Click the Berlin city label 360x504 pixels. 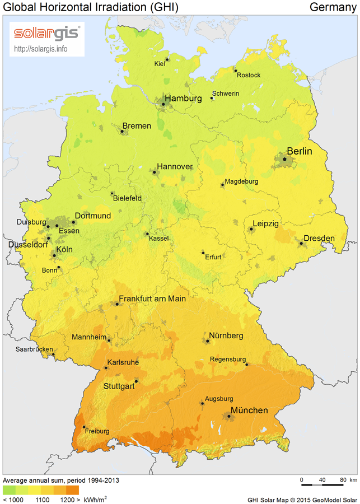coord(299,151)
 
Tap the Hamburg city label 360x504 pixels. coord(183,99)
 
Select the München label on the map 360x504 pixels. coord(249,410)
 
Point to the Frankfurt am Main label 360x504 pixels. coord(152,299)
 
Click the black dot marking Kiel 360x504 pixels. coord(167,59)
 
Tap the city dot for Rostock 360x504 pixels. coord(235,71)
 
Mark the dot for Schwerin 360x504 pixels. coord(212,98)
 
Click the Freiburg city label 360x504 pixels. coord(97,431)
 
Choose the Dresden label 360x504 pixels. coord(320,238)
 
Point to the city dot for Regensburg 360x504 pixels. coord(246,365)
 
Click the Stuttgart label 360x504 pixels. coord(119,386)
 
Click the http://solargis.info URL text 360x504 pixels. coord(40,48)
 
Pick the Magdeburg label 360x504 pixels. coord(241,181)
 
